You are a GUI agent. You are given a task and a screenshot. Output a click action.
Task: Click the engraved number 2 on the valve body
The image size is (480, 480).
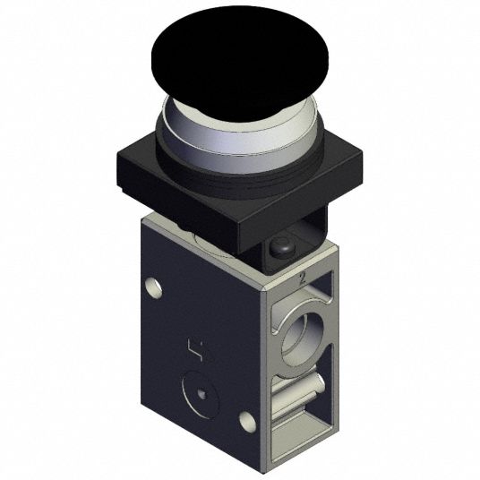click(x=303, y=279)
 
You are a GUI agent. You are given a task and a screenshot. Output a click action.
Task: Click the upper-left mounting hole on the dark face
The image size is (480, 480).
click(x=153, y=287)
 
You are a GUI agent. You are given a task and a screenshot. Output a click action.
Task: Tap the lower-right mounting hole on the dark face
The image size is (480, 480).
click(x=247, y=422)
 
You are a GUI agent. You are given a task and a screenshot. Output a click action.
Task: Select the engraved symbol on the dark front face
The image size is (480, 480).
click(x=196, y=349)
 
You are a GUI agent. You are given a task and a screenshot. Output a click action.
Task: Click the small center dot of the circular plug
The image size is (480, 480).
click(x=201, y=393)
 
